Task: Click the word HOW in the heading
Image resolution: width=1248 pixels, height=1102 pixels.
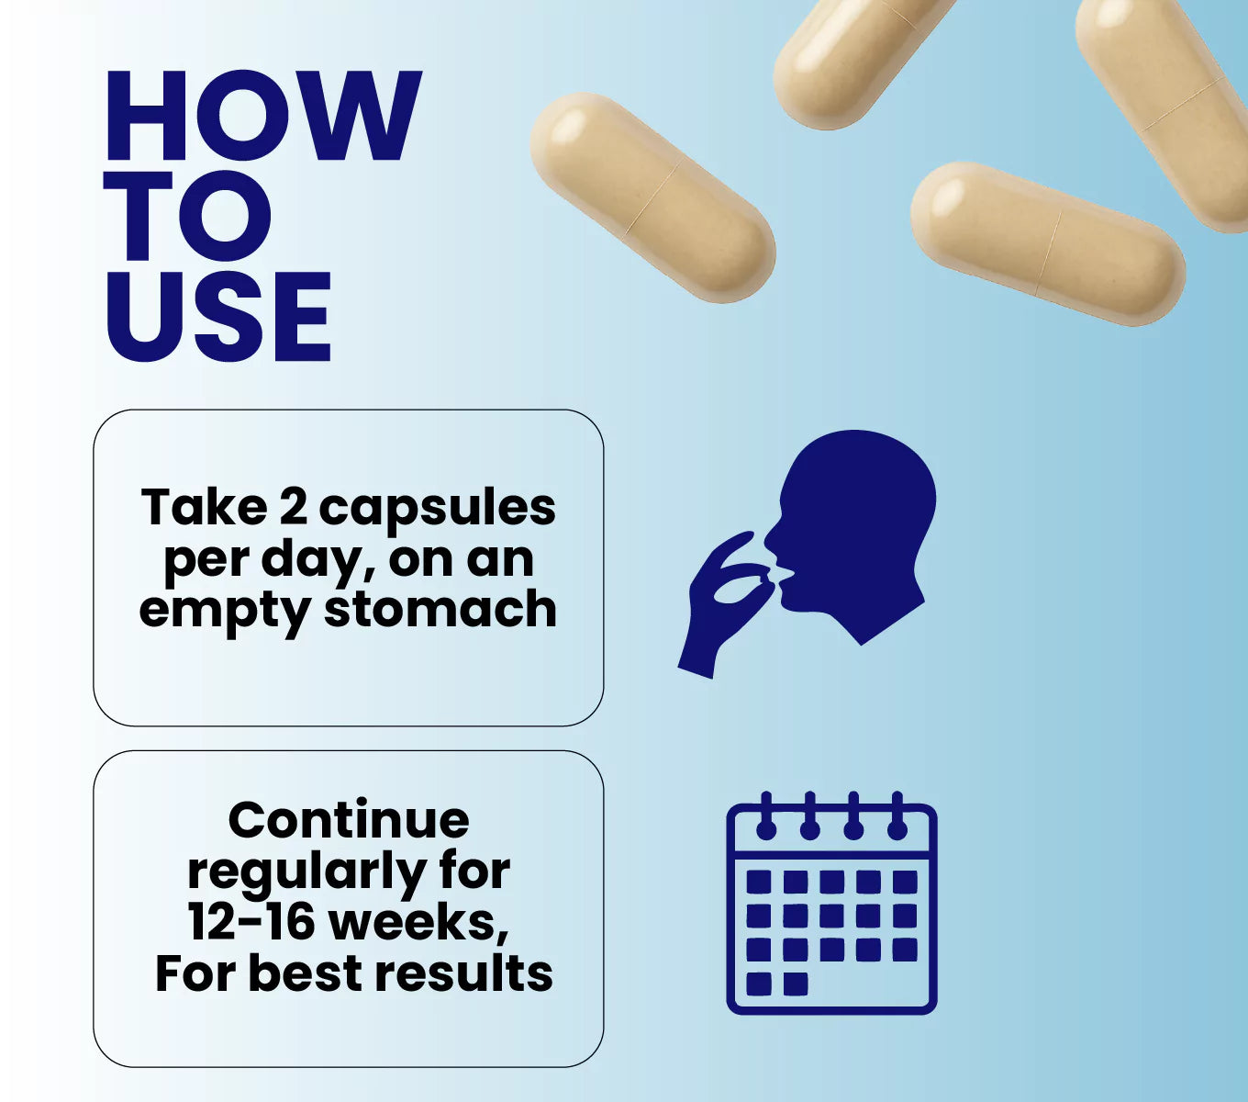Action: (264, 115)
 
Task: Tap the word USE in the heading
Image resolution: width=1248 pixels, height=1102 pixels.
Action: (218, 316)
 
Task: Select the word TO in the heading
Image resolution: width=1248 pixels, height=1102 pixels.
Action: (188, 215)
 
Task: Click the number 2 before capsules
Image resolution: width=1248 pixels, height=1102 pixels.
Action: (294, 506)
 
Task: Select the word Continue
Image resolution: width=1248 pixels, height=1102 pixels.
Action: (349, 821)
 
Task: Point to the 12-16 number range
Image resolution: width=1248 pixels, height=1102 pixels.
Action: (251, 922)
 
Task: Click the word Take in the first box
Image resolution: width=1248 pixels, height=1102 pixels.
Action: (204, 506)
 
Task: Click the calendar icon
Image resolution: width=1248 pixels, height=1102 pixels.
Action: (831, 903)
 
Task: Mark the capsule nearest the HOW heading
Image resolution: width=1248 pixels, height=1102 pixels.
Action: (653, 198)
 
